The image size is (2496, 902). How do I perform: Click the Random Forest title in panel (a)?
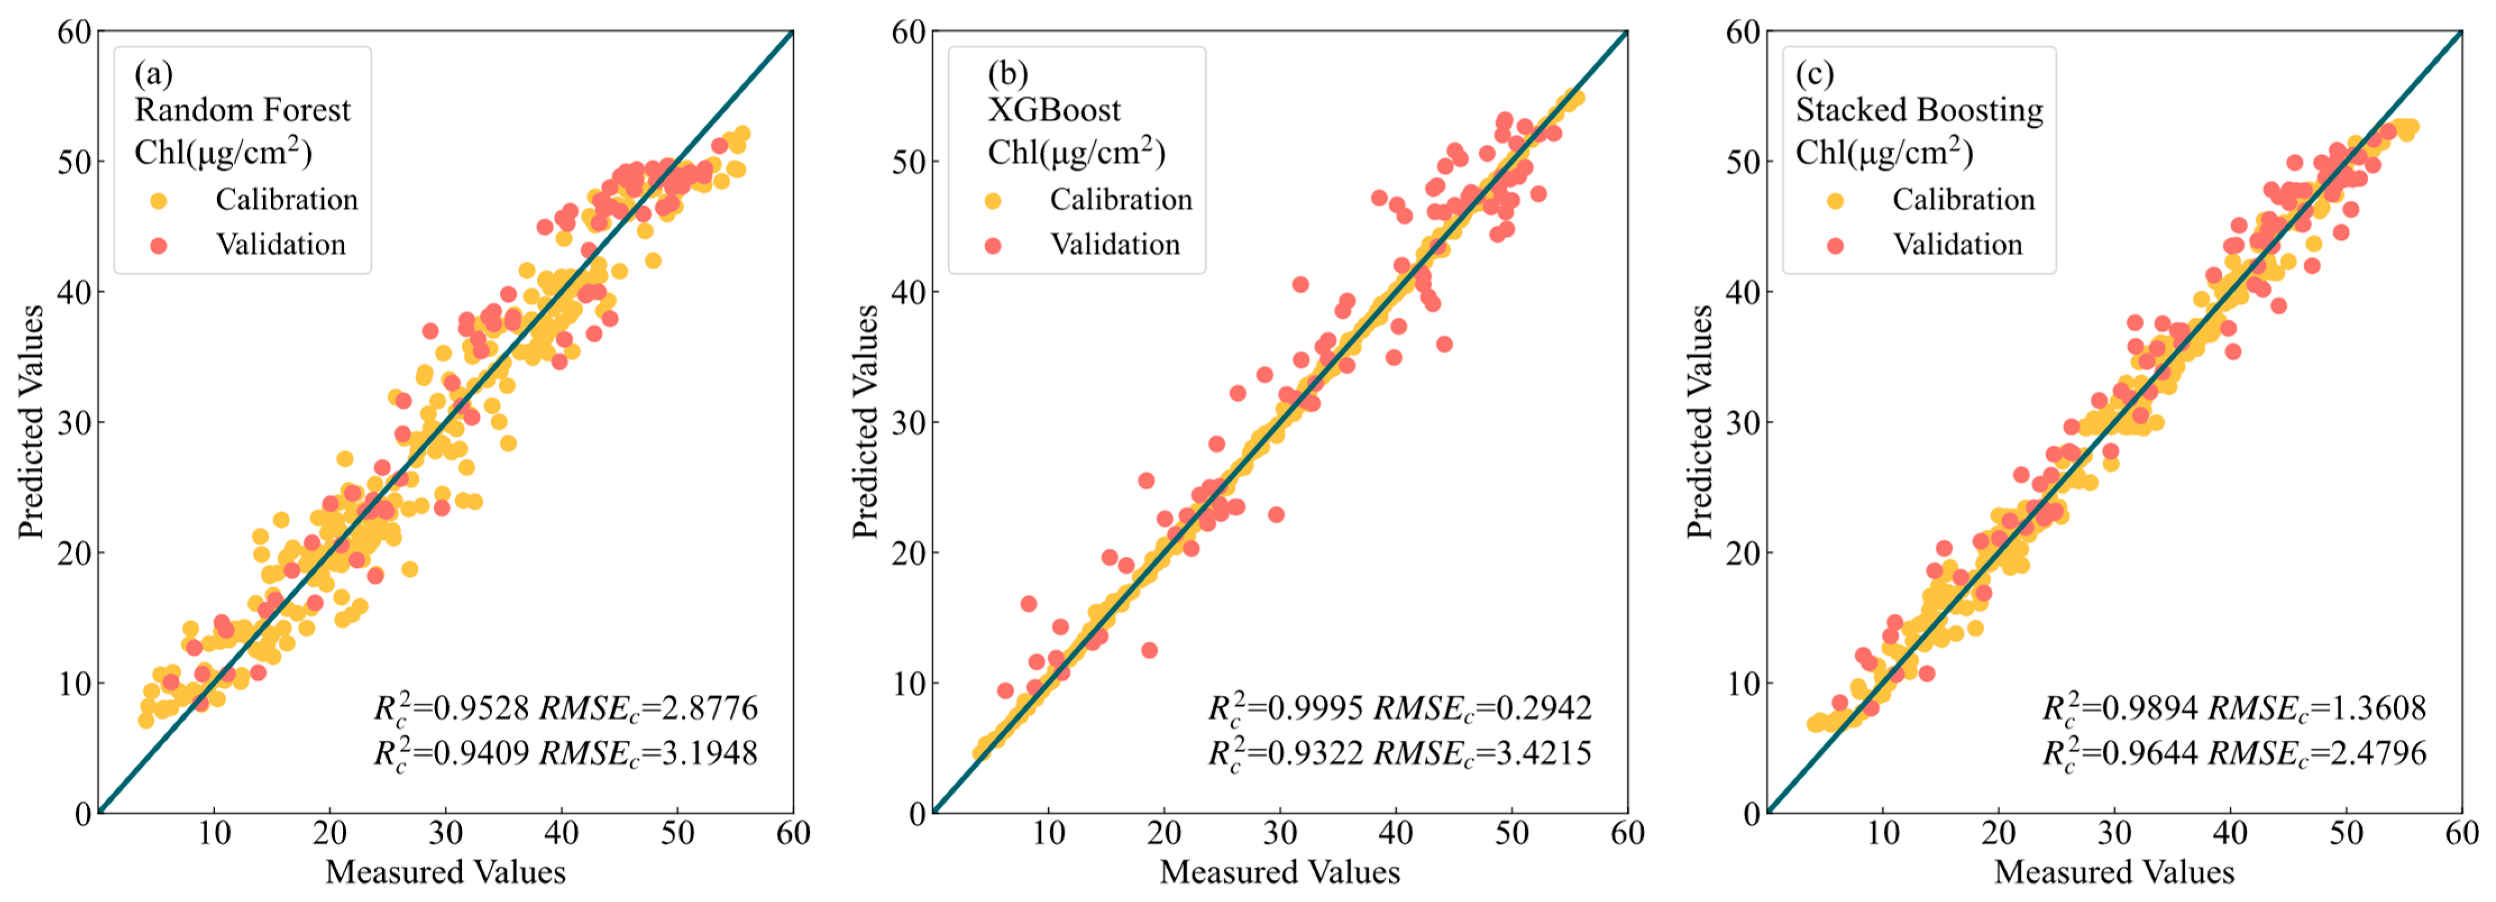pos(242,111)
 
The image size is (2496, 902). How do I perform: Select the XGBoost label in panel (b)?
pos(1054,111)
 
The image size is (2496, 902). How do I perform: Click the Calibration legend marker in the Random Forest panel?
pos(159,201)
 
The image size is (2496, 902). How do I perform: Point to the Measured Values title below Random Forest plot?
pos(445,872)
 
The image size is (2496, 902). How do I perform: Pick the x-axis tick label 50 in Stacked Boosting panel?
pos(2346,832)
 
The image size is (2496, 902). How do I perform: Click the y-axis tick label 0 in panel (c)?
pos(1750,814)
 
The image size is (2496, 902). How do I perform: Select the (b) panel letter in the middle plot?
pos(1008,73)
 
